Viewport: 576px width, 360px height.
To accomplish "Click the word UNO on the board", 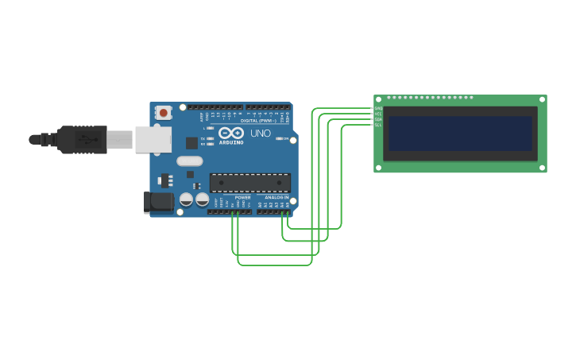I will (x=261, y=134).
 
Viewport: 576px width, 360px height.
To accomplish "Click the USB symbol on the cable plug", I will (x=83, y=140).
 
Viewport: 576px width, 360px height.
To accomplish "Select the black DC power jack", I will (x=159, y=202).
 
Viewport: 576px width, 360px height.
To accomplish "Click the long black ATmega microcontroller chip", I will (x=249, y=182).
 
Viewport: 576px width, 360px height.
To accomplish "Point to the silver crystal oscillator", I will (x=190, y=161).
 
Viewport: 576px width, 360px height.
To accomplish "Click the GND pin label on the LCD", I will (x=378, y=108).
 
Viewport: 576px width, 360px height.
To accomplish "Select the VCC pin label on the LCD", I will (x=378, y=114).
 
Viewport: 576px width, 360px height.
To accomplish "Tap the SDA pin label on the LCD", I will (x=378, y=119).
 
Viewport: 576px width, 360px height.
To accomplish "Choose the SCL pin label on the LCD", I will (x=378, y=125).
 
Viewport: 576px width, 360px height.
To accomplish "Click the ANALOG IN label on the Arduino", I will (x=276, y=197).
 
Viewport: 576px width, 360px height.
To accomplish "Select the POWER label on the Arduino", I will (x=242, y=197).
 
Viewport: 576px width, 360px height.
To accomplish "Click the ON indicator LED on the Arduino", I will (x=280, y=138).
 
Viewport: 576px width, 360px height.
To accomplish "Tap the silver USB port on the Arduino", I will (x=153, y=140).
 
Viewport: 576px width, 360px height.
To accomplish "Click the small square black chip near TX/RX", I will (x=191, y=143).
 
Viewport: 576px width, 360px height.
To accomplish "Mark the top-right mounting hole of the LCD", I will (x=543, y=99).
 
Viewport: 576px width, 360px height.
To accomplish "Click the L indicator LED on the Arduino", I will (x=210, y=128).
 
